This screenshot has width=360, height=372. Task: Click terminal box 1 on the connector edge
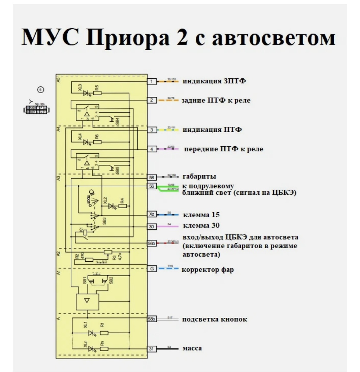[x=151, y=82]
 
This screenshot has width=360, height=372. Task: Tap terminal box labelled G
[x=152, y=269]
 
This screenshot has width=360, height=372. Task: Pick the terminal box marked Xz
[x=152, y=214]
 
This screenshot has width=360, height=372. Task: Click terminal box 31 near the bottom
[x=151, y=349]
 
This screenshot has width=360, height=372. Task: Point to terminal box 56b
[x=152, y=243]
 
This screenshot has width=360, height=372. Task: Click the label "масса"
[x=192, y=348]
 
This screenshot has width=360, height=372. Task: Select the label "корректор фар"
[x=207, y=269]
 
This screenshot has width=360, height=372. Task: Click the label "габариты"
[x=199, y=176]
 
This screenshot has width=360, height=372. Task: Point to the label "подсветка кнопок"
[x=215, y=319]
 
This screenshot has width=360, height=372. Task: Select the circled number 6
[x=40, y=90]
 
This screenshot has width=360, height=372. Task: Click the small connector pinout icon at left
[x=37, y=109]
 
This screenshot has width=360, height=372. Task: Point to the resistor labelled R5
[x=97, y=93]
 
